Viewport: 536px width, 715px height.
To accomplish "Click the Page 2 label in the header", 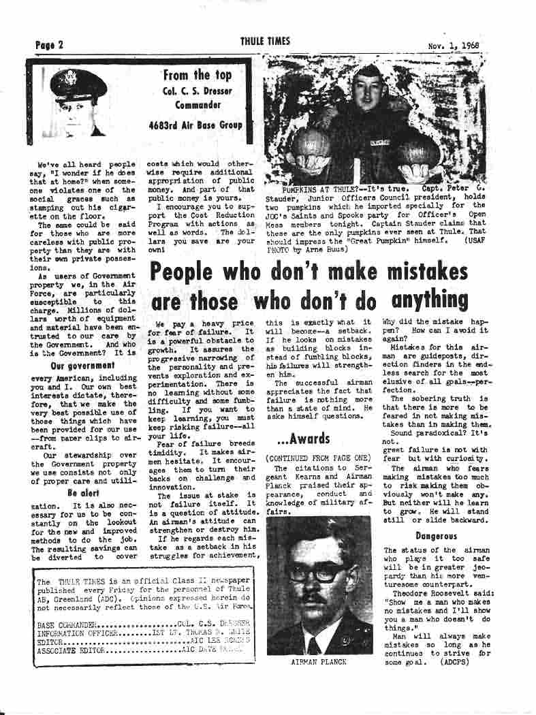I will (x=49, y=45).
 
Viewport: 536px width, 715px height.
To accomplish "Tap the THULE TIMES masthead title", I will (x=265, y=42).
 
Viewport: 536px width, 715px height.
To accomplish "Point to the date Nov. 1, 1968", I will (x=454, y=46).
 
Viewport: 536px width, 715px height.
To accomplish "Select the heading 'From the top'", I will (x=197, y=76).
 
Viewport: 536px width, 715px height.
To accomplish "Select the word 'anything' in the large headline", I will (x=430, y=300).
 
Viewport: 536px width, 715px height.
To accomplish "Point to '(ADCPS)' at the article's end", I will (x=454, y=661).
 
